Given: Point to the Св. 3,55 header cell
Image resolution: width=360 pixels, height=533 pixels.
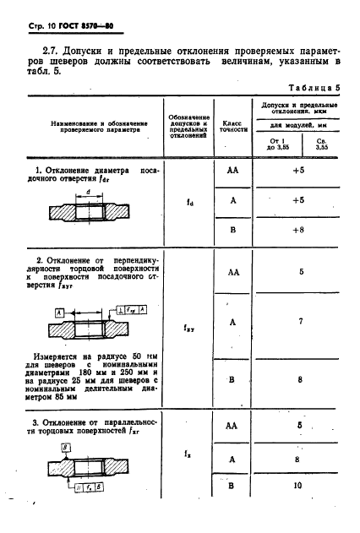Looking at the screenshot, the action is click(x=321, y=142).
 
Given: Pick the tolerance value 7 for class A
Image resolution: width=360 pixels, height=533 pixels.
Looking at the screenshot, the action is click(x=299, y=322).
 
